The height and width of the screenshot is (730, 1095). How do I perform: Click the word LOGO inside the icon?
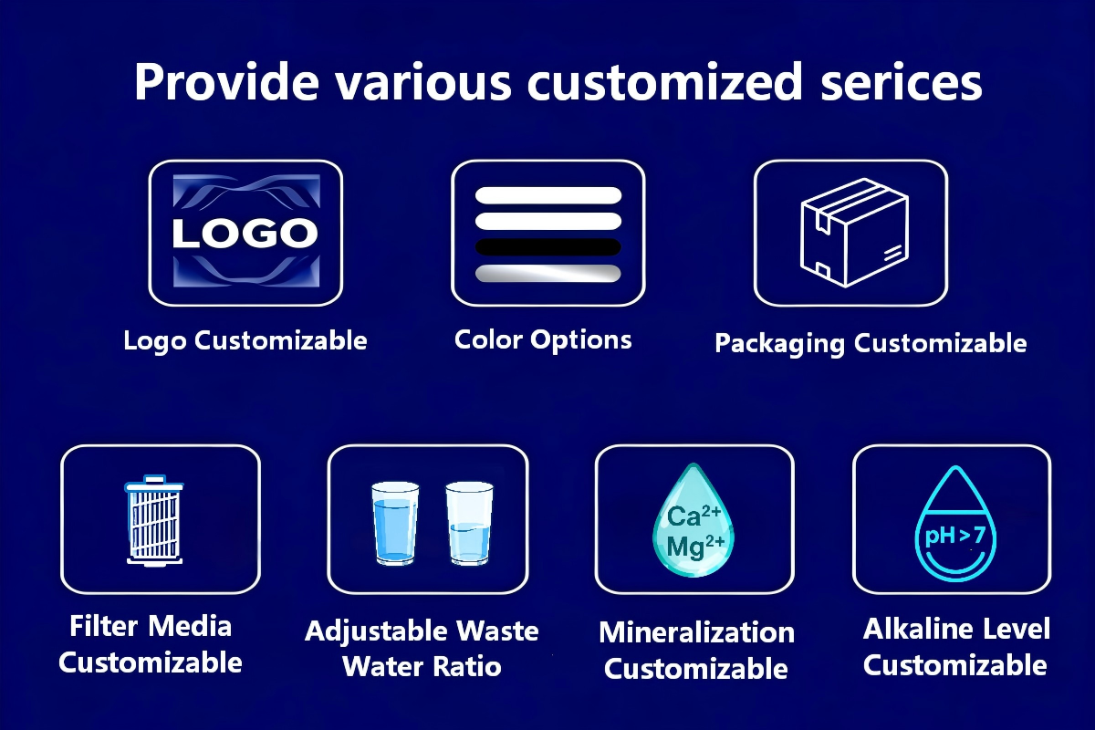[x=245, y=234]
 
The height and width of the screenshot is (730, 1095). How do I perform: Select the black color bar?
[x=548, y=247]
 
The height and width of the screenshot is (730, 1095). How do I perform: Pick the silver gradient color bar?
[x=548, y=274]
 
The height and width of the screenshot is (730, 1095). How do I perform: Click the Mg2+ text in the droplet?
[x=695, y=546]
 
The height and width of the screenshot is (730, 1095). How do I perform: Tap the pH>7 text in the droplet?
[x=954, y=535]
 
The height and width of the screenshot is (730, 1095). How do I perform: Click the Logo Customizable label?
[x=245, y=341]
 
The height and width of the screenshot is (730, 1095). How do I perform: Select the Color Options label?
[x=543, y=340]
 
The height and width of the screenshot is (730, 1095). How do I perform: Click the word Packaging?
[x=780, y=344]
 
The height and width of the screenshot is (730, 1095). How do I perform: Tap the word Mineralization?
[x=696, y=632]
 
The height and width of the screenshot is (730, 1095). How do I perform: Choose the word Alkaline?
[x=907, y=629]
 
